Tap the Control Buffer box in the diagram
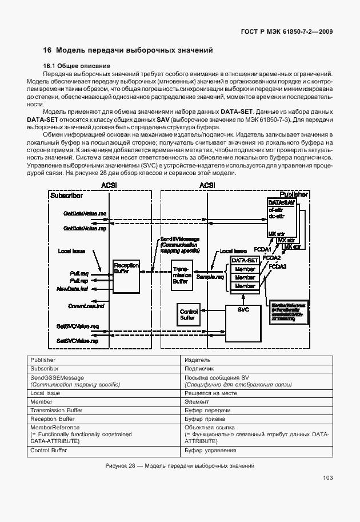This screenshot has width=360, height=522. coord(187,314)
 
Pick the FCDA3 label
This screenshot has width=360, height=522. coord(278,266)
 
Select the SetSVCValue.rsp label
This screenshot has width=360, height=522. coord(78,341)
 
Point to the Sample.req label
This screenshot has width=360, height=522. coord(209,276)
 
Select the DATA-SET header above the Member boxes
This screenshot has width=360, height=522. coord(245,260)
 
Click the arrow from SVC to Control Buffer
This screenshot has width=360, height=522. coord(213,312)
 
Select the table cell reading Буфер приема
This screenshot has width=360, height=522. coord(201,419)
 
